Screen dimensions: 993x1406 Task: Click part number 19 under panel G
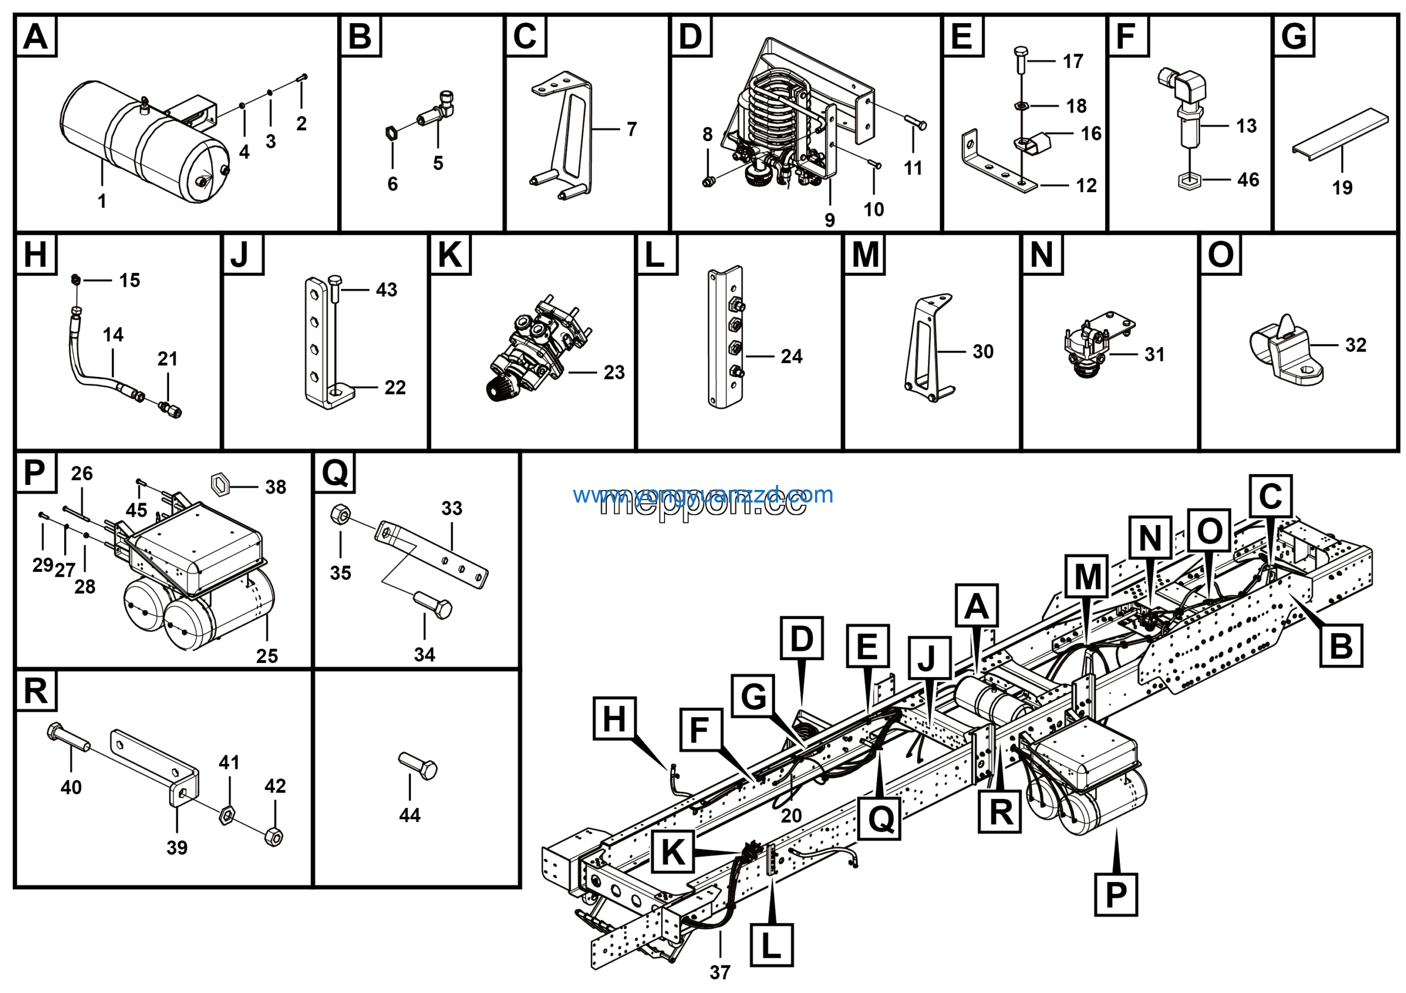point(1342,187)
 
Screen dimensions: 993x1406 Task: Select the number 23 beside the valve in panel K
point(614,372)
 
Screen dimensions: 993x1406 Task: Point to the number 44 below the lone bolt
point(410,816)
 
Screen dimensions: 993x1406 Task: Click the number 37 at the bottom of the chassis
point(720,972)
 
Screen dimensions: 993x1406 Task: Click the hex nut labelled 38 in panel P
point(220,484)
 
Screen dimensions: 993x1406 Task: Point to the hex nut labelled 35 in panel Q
point(341,514)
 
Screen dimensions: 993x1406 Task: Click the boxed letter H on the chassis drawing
point(615,718)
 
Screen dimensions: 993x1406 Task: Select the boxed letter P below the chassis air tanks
point(1115,895)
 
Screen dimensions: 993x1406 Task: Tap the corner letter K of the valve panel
point(450,255)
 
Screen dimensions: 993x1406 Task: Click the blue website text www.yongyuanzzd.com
point(703,495)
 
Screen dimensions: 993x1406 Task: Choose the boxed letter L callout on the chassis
point(772,945)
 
